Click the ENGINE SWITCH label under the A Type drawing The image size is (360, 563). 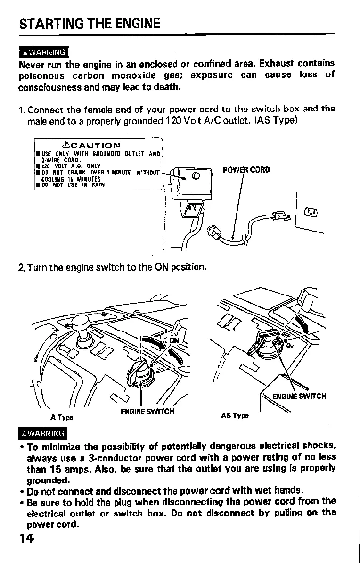tap(147, 411)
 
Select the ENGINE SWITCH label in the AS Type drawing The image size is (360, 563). tap(299, 396)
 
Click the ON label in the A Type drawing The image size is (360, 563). tap(174, 340)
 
